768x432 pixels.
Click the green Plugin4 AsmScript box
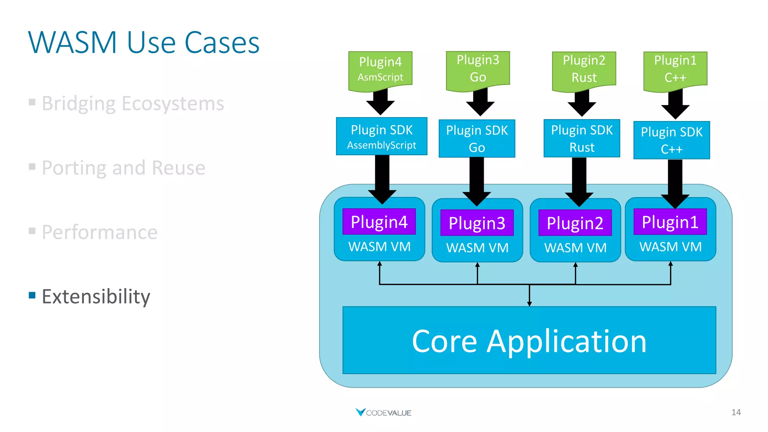pyautogui.click(x=380, y=70)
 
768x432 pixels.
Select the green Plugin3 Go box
pyautogui.click(x=478, y=69)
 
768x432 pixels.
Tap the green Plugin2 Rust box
pyautogui.click(x=584, y=69)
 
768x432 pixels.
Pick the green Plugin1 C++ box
pyautogui.click(x=675, y=69)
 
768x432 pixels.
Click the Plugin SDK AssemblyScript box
pyautogui.click(x=381, y=136)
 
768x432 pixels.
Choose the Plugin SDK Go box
pyautogui.click(x=477, y=139)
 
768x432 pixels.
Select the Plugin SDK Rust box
pyautogui.click(x=582, y=138)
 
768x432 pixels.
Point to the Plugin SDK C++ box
pyautogui.click(x=671, y=140)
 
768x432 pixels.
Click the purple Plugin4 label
pyautogui.click(x=379, y=222)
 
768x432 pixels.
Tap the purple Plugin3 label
pyautogui.click(x=477, y=223)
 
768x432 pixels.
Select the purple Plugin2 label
pyautogui.click(x=575, y=223)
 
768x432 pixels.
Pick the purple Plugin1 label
pyautogui.click(x=670, y=222)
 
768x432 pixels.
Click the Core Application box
pyautogui.click(x=529, y=340)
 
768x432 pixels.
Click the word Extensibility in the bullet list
pyautogui.click(x=96, y=297)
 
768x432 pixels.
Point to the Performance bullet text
pyautogui.click(x=99, y=232)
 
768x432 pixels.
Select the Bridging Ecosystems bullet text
pyautogui.click(x=133, y=103)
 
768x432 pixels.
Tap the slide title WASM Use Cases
pyautogui.click(x=144, y=42)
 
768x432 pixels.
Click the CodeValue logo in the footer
pyautogui.click(x=383, y=412)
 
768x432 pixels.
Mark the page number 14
pyautogui.click(x=736, y=412)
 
